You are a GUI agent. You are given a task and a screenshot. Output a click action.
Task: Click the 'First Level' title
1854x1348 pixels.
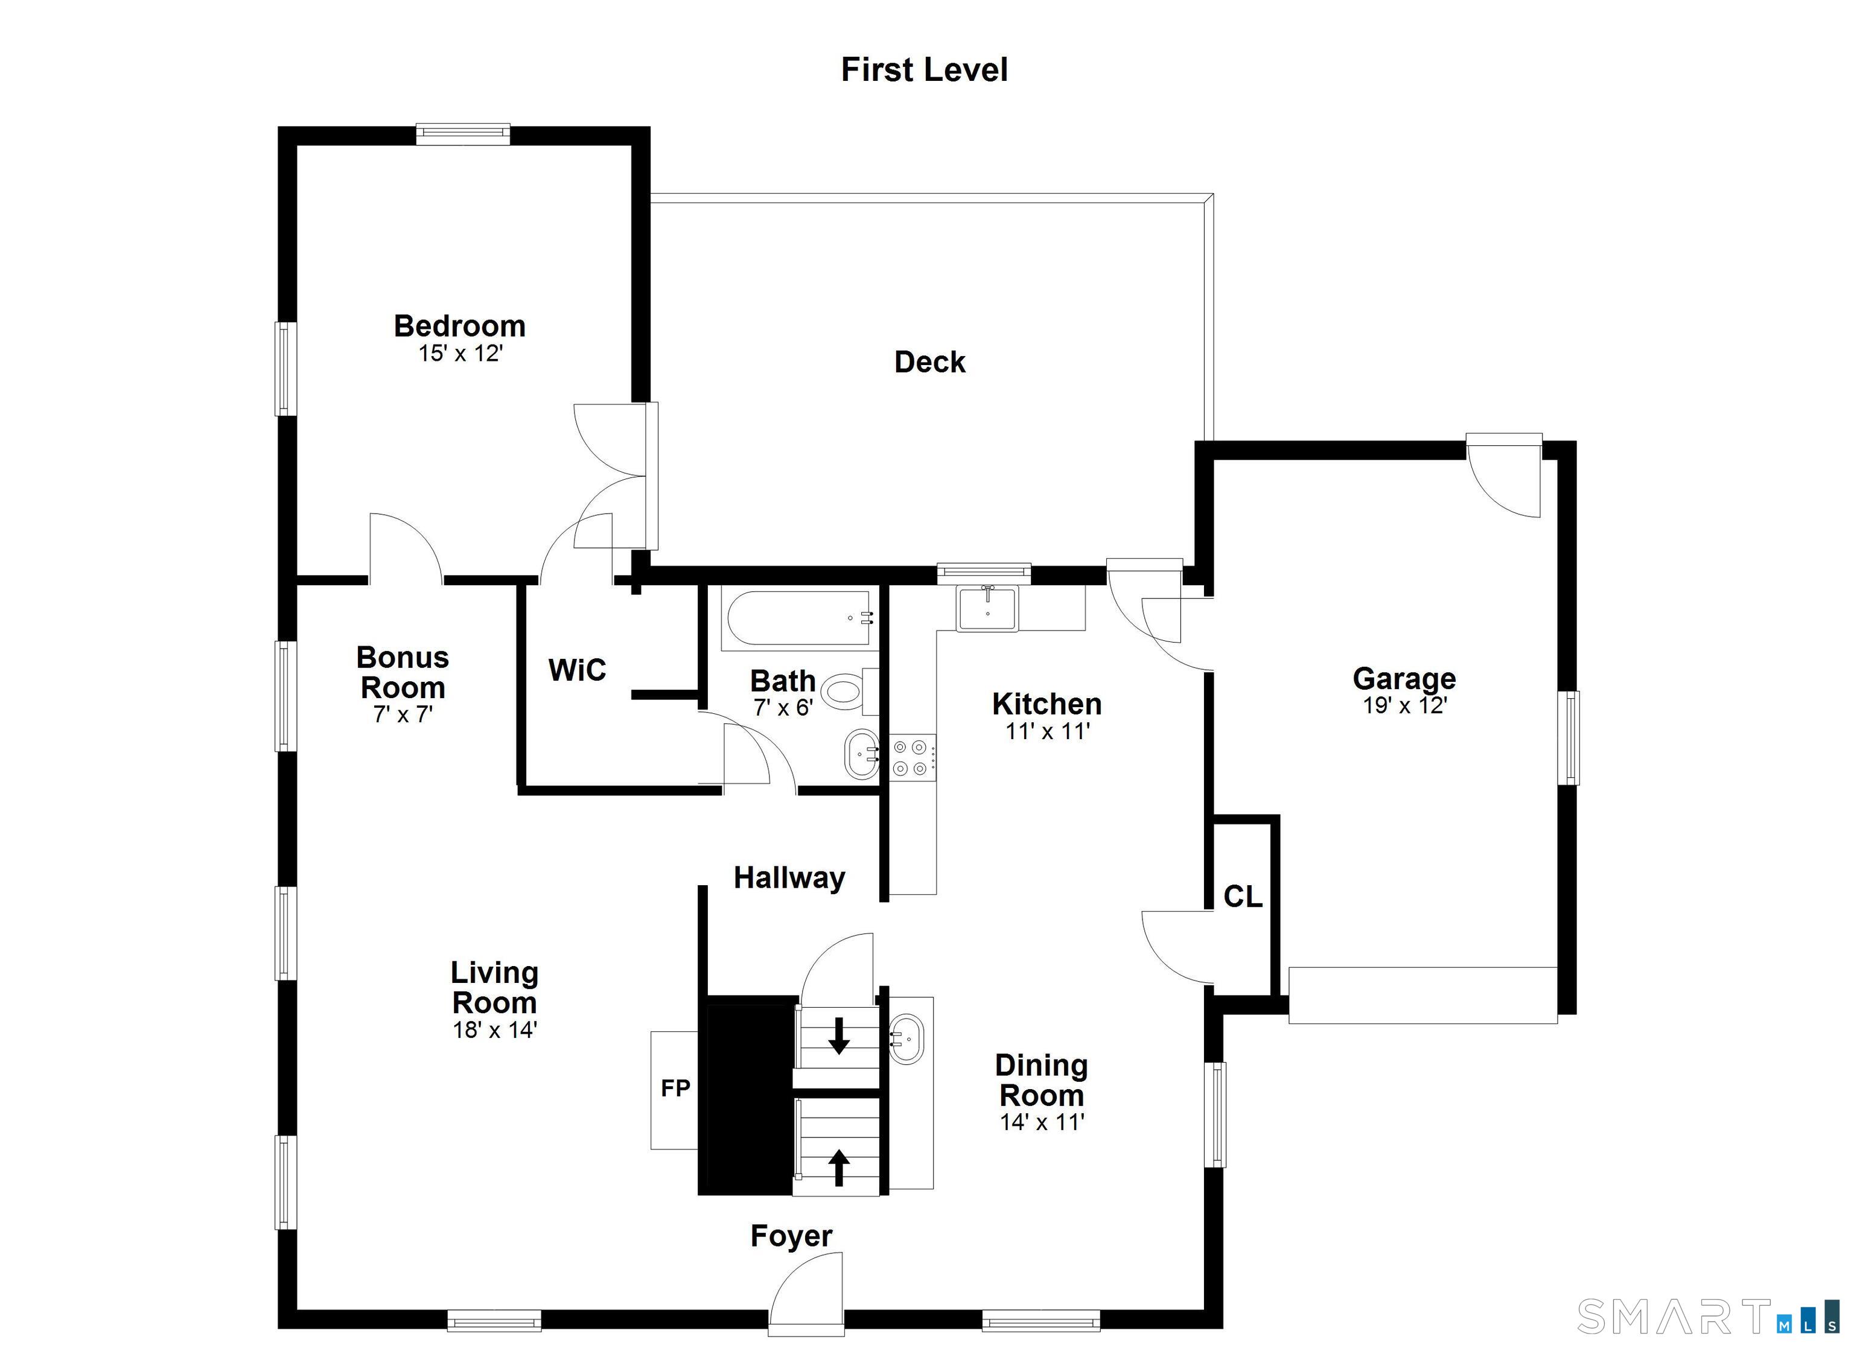924,69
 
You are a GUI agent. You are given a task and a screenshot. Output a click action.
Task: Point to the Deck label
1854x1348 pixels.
929,361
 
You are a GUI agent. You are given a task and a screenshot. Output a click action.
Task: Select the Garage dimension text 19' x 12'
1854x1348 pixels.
1404,705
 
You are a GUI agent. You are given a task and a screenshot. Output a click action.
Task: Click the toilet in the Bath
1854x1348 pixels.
849,691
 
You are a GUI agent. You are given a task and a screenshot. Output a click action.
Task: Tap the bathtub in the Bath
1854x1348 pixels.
800,620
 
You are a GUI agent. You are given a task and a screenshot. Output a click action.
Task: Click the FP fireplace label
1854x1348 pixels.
675,1088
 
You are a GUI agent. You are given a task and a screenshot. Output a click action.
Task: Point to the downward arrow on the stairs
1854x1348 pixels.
839,1035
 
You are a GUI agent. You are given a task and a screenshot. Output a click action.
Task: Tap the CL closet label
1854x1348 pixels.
1243,897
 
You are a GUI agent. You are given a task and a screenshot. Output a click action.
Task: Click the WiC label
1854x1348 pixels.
577,670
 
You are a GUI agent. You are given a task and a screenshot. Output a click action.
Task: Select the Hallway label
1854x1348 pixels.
789,878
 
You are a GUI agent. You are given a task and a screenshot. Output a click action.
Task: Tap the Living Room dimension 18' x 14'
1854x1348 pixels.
494,1029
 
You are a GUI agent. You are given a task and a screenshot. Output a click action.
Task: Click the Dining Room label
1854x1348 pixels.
1042,1080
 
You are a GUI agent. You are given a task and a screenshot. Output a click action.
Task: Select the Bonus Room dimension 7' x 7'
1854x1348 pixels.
403,714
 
